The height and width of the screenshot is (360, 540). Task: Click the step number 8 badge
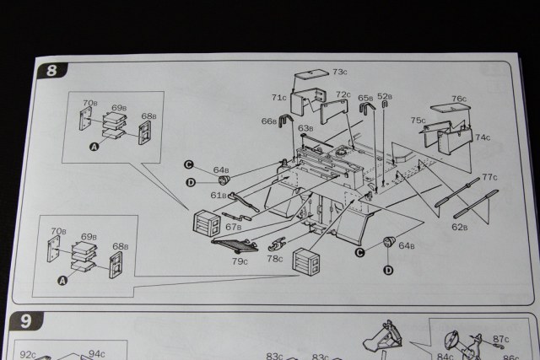click(x=51, y=71)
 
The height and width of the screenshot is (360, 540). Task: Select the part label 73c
click(x=342, y=73)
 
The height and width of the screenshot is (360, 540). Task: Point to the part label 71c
click(x=279, y=98)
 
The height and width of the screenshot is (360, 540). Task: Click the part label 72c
click(x=343, y=94)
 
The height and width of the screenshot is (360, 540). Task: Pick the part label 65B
click(x=364, y=98)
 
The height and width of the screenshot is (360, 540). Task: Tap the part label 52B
click(x=385, y=96)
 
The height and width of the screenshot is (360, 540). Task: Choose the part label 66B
click(x=268, y=121)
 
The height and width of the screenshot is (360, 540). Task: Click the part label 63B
click(x=305, y=128)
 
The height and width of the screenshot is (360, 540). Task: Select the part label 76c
click(x=458, y=99)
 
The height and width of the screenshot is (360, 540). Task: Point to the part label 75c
click(x=418, y=121)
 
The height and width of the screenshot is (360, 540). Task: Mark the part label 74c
click(x=482, y=137)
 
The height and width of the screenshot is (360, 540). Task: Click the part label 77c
click(x=490, y=177)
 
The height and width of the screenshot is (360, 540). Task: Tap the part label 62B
click(x=459, y=226)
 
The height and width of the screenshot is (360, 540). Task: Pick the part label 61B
click(x=219, y=195)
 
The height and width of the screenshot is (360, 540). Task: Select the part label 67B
click(x=233, y=227)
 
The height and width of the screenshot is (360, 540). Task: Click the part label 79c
click(x=240, y=262)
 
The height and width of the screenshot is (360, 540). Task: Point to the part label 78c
click(x=275, y=259)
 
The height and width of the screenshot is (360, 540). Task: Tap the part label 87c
click(x=501, y=338)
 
